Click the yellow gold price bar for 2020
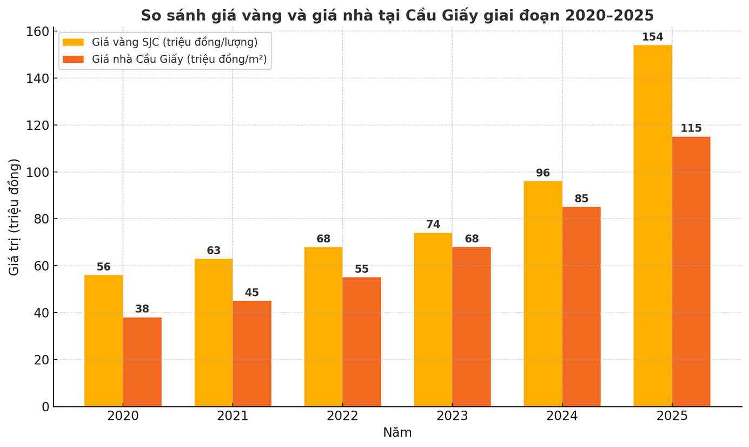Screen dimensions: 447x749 click(103, 340)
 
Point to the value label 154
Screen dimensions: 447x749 click(652, 37)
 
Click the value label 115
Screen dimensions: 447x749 click(691, 129)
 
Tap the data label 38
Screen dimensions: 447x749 click(142, 309)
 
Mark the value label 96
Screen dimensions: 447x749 click(542, 173)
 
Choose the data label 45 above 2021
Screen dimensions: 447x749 click(251, 293)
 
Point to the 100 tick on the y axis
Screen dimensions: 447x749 click(38, 172)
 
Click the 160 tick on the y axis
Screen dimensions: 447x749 click(38, 31)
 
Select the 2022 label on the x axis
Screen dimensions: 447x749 click(342, 416)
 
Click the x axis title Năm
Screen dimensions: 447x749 click(397, 433)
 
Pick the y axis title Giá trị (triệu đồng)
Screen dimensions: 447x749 click(14, 216)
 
